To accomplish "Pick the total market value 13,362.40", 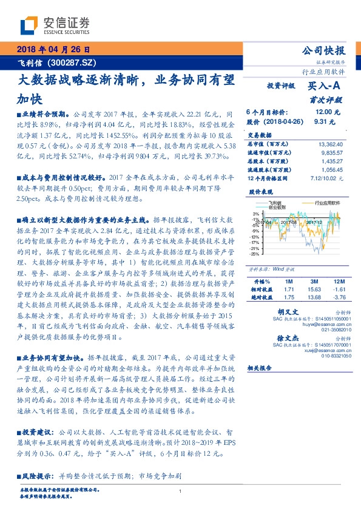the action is coord(330,144).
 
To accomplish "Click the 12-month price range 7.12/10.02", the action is coord(327,178).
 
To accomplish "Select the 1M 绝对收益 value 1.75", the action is coord(288,297).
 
